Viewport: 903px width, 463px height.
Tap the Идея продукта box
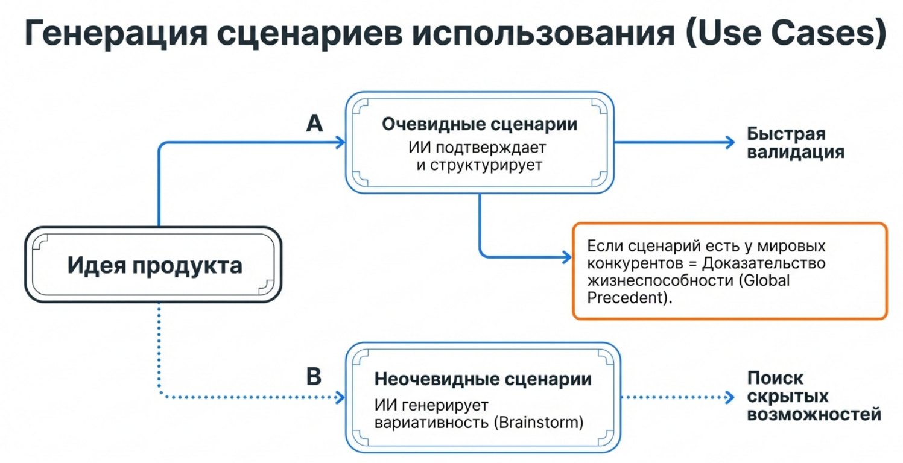154,265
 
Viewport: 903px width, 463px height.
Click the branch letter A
314,124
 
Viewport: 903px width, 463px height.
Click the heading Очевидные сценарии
480,124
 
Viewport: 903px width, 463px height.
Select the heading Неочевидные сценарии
483,380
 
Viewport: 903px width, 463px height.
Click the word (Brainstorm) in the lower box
538,422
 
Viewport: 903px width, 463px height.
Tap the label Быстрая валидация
795,143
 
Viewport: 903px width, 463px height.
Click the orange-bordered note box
729,271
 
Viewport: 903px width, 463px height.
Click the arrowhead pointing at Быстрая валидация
730,142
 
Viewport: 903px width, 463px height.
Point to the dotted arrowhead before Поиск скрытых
730,397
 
